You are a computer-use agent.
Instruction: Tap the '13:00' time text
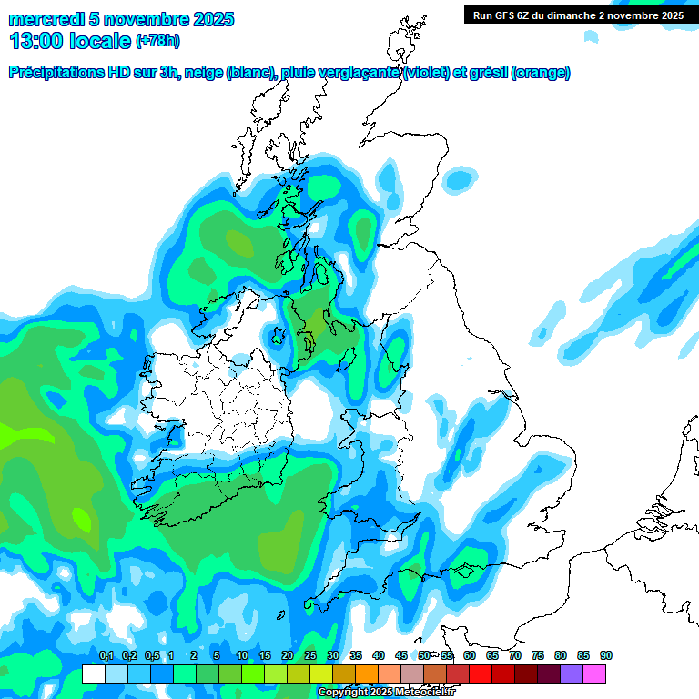pos(35,40)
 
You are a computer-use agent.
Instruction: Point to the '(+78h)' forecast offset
pos(157,41)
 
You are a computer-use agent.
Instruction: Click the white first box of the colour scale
pos(93,674)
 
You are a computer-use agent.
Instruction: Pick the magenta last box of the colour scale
pos(594,674)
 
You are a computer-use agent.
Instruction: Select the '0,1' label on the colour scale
pos(106,656)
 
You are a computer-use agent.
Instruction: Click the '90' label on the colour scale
pos(605,656)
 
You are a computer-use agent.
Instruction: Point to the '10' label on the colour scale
pos(242,656)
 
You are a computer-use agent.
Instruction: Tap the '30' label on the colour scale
pos(333,656)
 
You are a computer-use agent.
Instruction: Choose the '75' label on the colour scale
pos(537,656)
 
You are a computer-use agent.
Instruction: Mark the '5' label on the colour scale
pos(217,656)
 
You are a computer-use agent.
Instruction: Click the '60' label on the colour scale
pos(469,656)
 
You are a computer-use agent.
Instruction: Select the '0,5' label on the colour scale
pos(151,656)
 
